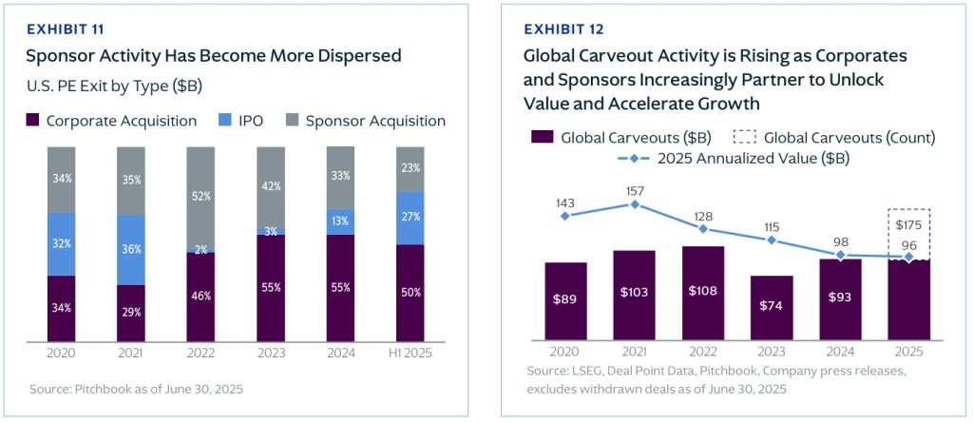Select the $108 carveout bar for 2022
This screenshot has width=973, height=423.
pyautogui.click(x=703, y=292)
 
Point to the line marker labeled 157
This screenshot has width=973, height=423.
pyautogui.click(x=634, y=204)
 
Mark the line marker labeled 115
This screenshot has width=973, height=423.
pyautogui.click(x=772, y=240)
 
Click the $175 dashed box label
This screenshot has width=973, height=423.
pyautogui.click(x=909, y=224)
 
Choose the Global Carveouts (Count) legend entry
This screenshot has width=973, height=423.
pyautogui.click(x=836, y=138)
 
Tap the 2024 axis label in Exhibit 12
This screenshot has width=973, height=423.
pyautogui.click(x=840, y=352)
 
